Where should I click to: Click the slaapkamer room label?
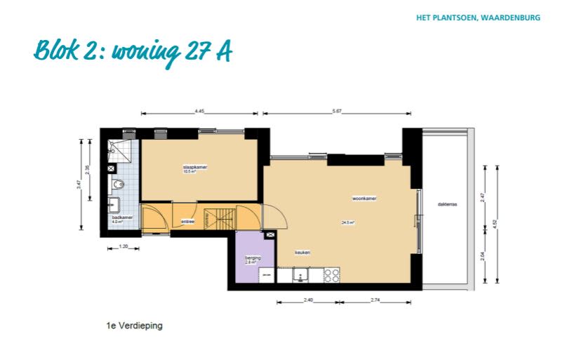[x=195, y=167]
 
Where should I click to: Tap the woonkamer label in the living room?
[x=364, y=199]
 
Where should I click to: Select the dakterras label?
[x=447, y=204]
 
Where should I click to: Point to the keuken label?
[x=302, y=253]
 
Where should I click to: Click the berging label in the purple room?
[x=253, y=258]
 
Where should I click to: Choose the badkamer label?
[x=122, y=218]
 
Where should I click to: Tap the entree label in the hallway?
[x=187, y=222]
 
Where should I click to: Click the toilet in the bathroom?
[x=118, y=185]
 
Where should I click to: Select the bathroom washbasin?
[x=114, y=205]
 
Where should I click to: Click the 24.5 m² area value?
[x=348, y=222]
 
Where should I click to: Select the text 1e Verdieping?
[x=134, y=326]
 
